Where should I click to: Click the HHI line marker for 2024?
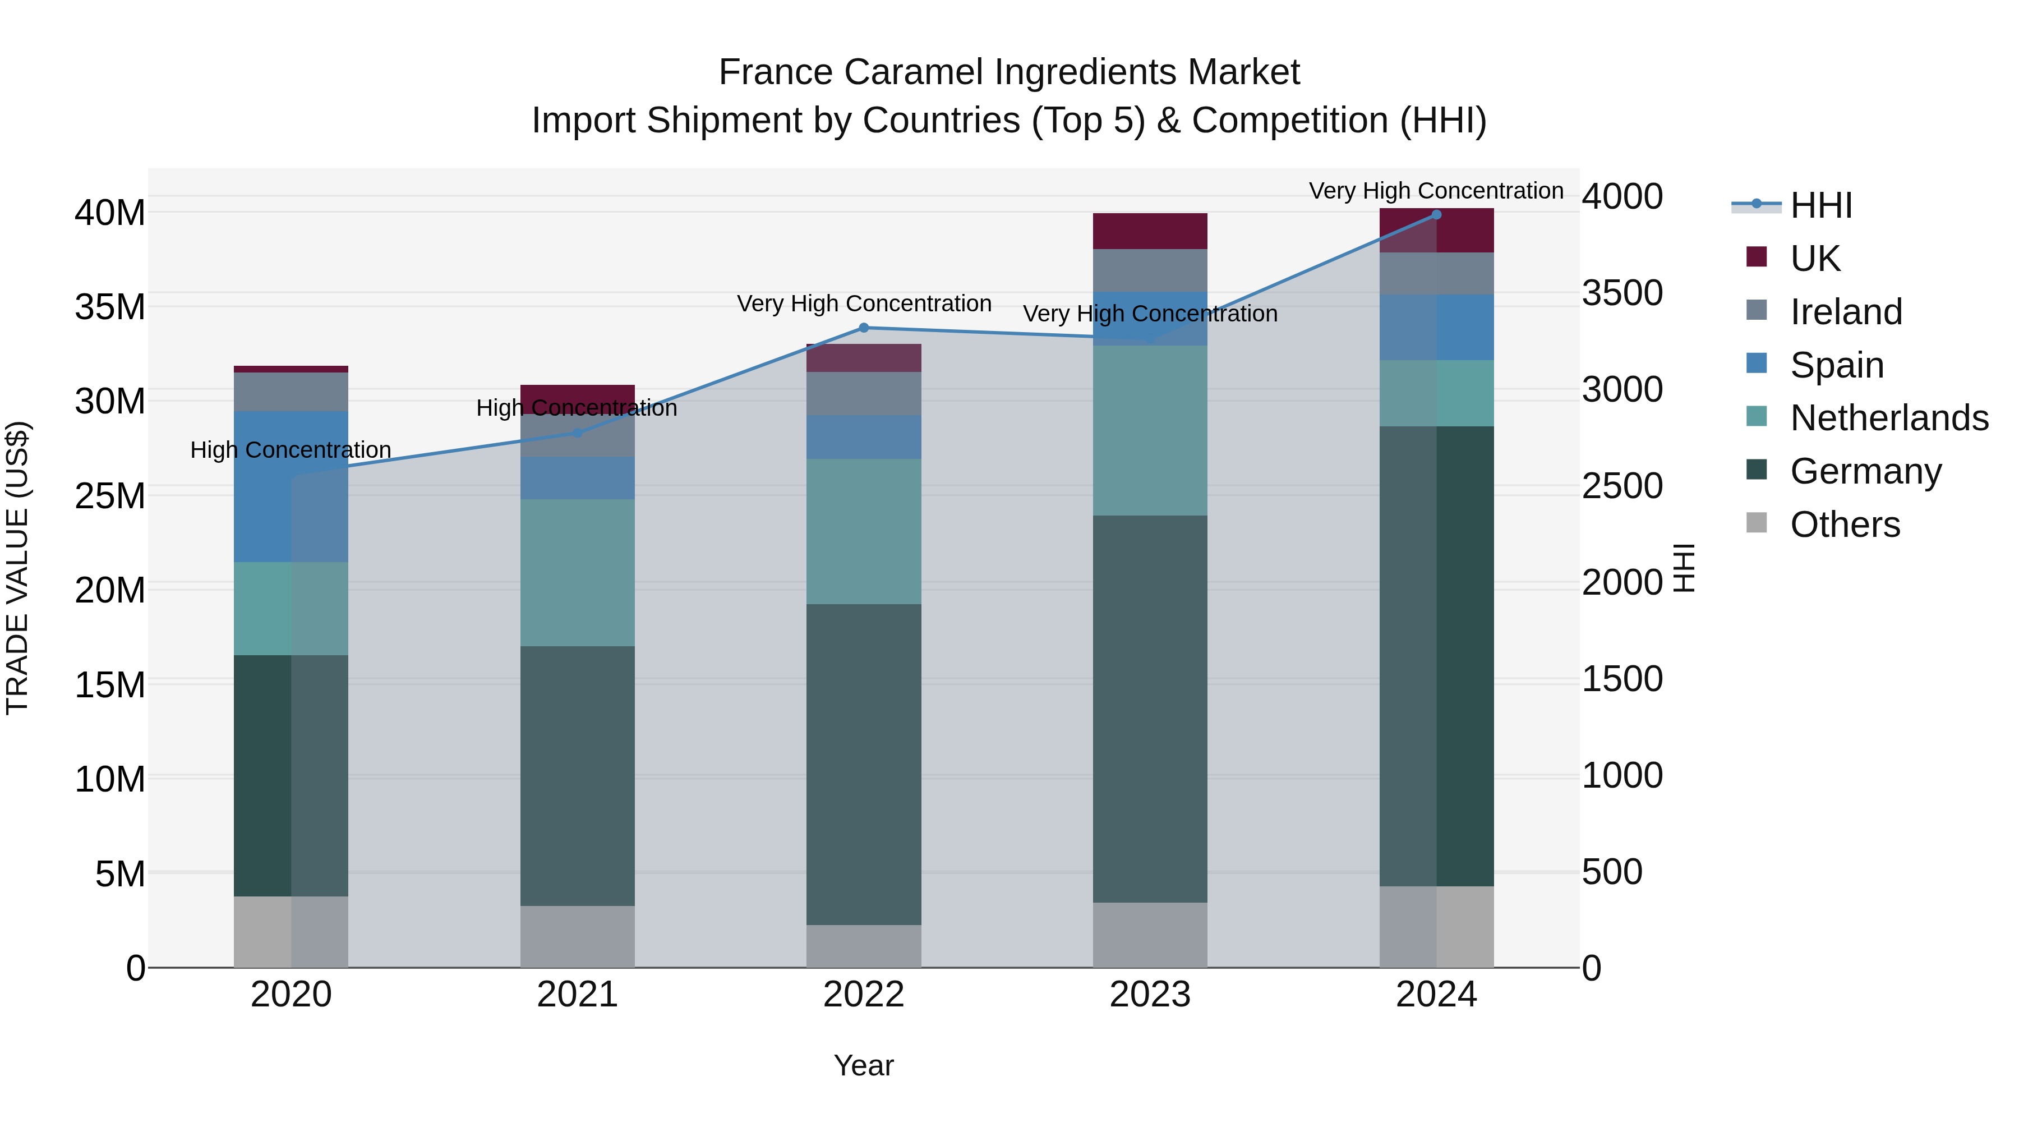click(x=1436, y=215)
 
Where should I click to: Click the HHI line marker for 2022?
click(x=864, y=328)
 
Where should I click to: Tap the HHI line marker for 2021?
click(x=577, y=433)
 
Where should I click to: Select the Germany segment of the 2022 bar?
click(x=864, y=765)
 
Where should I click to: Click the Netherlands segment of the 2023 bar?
click(x=1150, y=430)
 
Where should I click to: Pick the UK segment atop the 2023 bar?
click(x=1150, y=231)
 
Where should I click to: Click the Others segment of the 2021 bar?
click(x=577, y=937)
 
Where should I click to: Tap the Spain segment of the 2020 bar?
click(x=291, y=486)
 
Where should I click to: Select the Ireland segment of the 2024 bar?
click(x=1436, y=274)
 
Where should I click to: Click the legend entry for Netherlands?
click(x=1889, y=418)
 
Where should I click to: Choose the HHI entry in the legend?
click(x=1820, y=205)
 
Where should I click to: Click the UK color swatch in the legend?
click(x=1757, y=257)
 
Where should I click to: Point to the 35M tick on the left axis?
click(x=110, y=306)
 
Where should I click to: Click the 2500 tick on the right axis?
click(x=1621, y=486)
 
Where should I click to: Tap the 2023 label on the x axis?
click(x=1150, y=995)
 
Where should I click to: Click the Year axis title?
click(x=864, y=1065)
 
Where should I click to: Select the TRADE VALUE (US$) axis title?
click(x=17, y=568)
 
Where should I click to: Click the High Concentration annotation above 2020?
click(x=291, y=450)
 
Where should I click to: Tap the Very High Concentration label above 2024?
click(x=1436, y=191)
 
